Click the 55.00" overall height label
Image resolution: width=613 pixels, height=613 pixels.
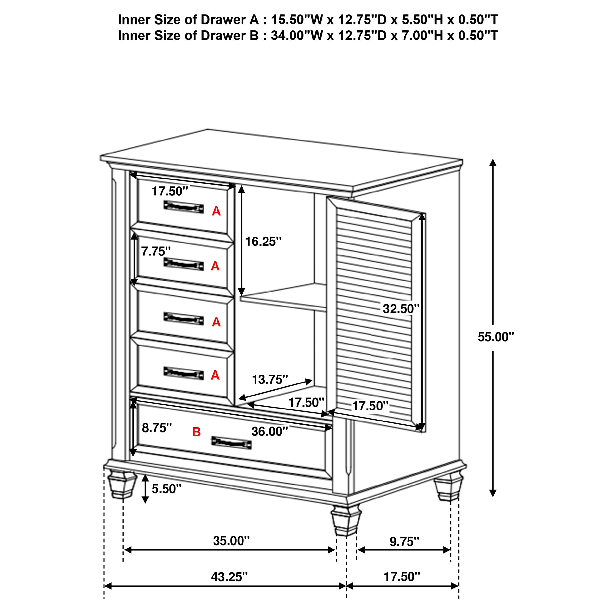point(496,337)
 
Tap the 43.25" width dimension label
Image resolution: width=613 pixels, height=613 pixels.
point(229,576)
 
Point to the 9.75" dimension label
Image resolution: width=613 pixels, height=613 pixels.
point(404,542)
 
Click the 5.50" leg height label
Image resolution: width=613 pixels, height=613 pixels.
point(166,489)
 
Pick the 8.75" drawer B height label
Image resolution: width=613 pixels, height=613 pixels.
point(157,428)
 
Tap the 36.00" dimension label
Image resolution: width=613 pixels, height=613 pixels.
point(270,431)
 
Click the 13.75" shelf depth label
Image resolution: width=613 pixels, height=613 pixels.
point(270,380)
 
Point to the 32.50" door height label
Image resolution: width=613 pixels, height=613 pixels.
point(401,308)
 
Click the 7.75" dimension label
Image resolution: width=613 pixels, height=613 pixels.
point(156,252)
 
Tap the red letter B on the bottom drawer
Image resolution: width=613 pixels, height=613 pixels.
point(196,432)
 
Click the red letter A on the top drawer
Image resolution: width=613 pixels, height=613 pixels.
point(216,211)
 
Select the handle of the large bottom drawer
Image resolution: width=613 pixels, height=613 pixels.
point(231,443)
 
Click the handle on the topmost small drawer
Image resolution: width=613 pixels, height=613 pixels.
point(183,207)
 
